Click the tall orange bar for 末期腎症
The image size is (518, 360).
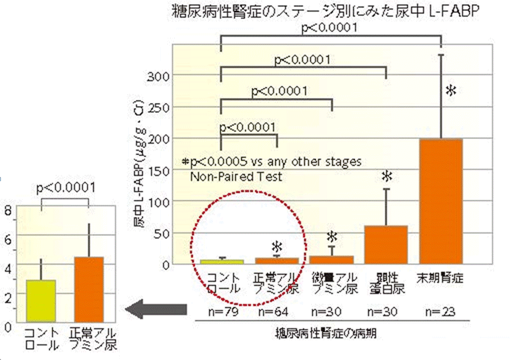coord(441,201)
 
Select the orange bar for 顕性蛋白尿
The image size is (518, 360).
coord(386,244)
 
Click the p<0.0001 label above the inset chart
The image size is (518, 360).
coord(65,188)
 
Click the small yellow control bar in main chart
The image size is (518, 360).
coord(222,262)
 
